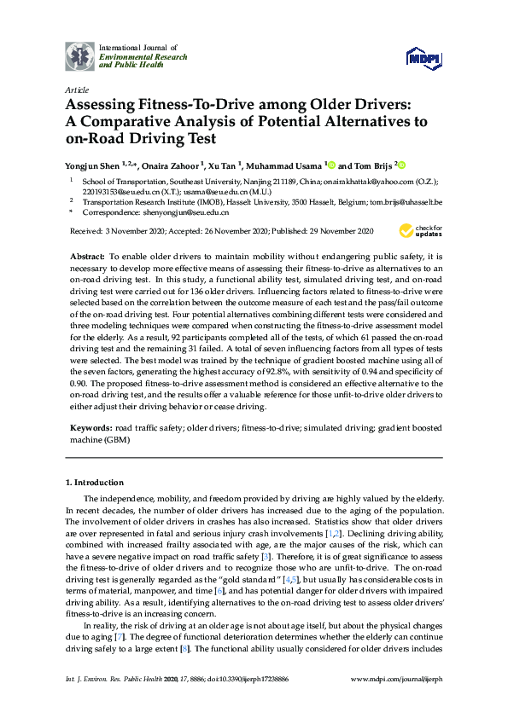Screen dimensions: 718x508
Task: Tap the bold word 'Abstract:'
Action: [x=89, y=257]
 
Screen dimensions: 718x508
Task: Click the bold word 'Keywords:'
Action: [x=90, y=425]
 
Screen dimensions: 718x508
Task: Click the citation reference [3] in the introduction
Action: [x=243, y=555]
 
